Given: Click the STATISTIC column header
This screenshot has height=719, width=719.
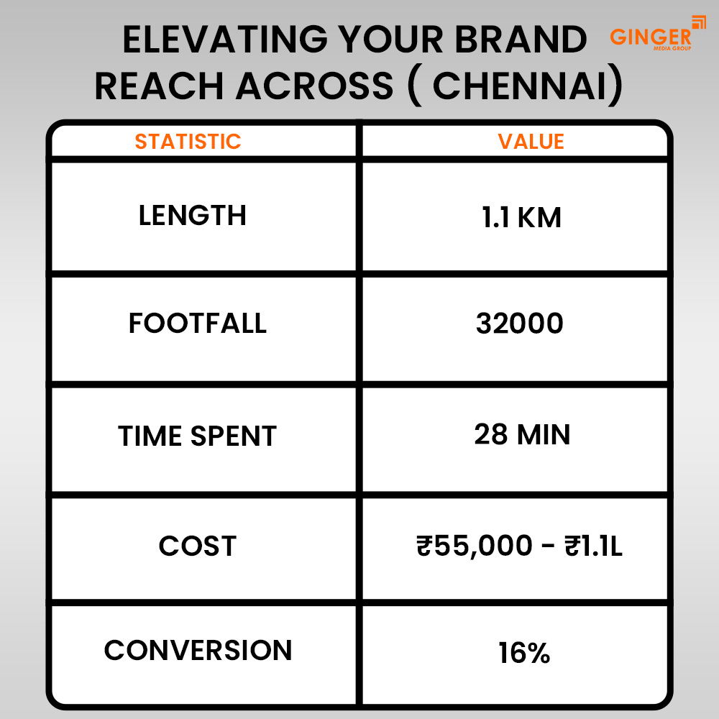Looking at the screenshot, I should [x=188, y=141].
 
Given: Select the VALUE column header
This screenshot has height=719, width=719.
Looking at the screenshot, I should [x=531, y=141].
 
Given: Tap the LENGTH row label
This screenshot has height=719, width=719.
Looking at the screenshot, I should [x=192, y=215].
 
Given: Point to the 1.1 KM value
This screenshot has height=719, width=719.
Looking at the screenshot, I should [x=521, y=216].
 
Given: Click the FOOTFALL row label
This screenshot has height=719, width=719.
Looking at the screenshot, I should [x=197, y=324].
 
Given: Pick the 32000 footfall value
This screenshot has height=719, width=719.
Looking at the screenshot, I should [x=519, y=324].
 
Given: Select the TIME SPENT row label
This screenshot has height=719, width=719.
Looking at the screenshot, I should [x=197, y=436].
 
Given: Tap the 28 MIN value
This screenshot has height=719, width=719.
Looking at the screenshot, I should [x=522, y=434].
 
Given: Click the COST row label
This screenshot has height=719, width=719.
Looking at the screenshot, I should [x=197, y=546].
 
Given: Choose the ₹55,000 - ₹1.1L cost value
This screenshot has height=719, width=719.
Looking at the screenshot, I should [x=519, y=546].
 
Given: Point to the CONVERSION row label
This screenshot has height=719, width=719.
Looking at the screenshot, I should [x=198, y=650].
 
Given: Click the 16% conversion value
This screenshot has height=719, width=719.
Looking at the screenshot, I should [x=523, y=654].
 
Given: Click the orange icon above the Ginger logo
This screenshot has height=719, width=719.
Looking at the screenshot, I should [x=698, y=22].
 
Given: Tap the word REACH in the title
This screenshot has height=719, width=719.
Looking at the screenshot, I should [x=159, y=86].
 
